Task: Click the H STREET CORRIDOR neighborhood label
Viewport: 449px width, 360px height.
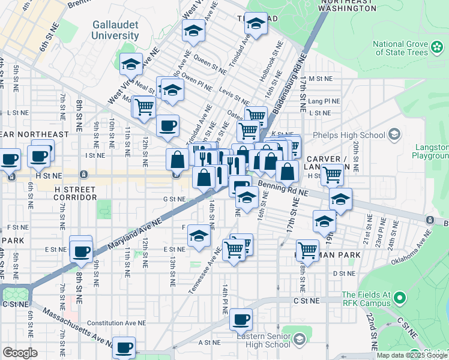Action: [x=75, y=193]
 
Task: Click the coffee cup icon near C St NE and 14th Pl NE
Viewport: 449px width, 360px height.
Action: [x=241, y=320]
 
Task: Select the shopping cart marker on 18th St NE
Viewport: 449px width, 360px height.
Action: [x=307, y=250]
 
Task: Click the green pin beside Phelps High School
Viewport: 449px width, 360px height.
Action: [x=394, y=132]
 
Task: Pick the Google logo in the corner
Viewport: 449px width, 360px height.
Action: [x=20, y=352]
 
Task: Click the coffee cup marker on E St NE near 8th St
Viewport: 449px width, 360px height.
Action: [x=81, y=251]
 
